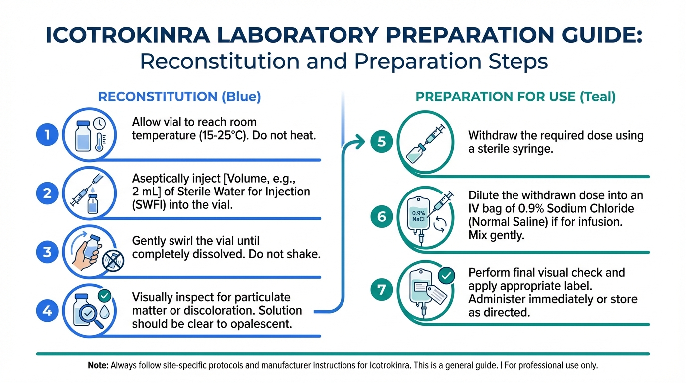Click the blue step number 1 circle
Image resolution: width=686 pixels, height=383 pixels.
pos(47,135)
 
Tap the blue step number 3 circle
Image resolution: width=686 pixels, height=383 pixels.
pos(47,252)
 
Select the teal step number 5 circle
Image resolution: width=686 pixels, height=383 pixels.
pos(381,142)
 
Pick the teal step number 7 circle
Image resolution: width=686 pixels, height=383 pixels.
pos(381,289)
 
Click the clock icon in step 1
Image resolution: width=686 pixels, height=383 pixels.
pos(99,124)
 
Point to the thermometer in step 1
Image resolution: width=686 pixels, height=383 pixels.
pos(100,142)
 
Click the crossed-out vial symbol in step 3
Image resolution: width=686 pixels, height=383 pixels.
pos(113,261)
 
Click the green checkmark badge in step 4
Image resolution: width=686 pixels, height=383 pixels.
pos(104,295)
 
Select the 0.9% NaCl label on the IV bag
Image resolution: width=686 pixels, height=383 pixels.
pos(418,216)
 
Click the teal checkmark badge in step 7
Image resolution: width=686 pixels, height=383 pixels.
pos(446,275)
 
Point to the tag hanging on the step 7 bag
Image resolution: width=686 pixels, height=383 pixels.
pos(436,294)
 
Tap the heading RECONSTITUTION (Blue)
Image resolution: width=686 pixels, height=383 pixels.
pos(179,97)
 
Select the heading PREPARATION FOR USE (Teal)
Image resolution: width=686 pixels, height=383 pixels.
pos(515,97)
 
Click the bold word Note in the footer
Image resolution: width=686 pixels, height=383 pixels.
pos(98,365)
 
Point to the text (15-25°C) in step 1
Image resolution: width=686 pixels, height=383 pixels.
pos(223,135)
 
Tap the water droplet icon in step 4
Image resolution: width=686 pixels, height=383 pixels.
pos(104,311)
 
